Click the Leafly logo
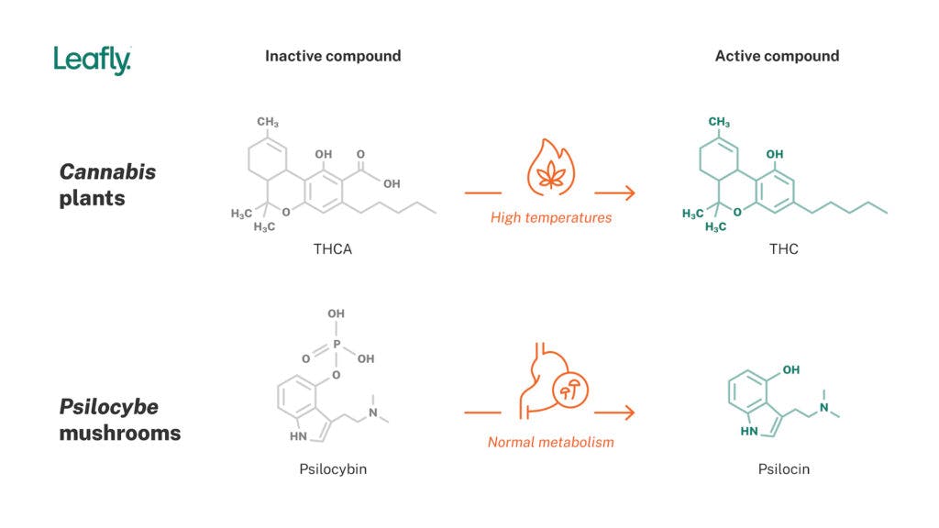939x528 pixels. pyautogui.click(x=92, y=60)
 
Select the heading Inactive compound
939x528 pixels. pyautogui.click(x=333, y=56)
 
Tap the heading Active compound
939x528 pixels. pyautogui.click(x=777, y=56)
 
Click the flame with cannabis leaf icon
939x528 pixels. pyautogui.click(x=550, y=169)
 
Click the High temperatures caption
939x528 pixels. pyautogui.click(x=550, y=218)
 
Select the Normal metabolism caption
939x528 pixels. pyautogui.click(x=550, y=442)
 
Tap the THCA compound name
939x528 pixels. pyautogui.click(x=333, y=248)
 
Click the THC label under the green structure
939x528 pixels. pyautogui.click(x=783, y=248)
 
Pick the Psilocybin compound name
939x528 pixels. pyautogui.click(x=333, y=469)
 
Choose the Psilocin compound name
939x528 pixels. pyautogui.click(x=783, y=469)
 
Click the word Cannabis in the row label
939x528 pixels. pyautogui.click(x=107, y=172)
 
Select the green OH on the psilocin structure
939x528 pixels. pyautogui.click(x=790, y=370)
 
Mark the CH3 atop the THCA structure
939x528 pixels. pyautogui.click(x=268, y=122)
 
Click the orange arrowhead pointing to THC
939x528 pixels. pyautogui.click(x=628, y=192)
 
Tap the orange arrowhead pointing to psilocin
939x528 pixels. pyautogui.click(x=628, y=412)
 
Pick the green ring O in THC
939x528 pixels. pyautogui.click(x=739, y=211)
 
